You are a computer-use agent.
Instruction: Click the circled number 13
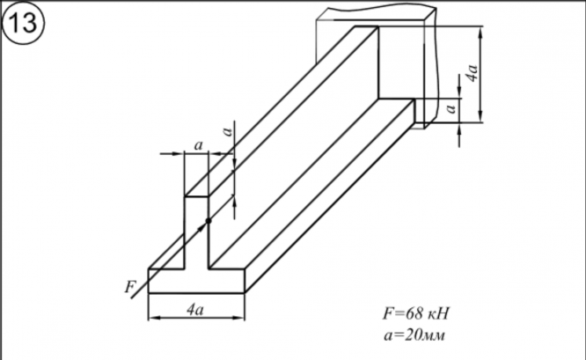(x=23, y=23)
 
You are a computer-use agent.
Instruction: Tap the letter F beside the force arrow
(x=131, y=285)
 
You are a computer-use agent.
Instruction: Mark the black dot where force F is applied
(x=209, y=220)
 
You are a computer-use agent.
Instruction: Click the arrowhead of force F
(x=204, y=224)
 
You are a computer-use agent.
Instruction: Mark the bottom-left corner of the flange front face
(x=148, y=292)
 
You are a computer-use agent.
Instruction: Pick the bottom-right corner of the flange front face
(x=245, y=292)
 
